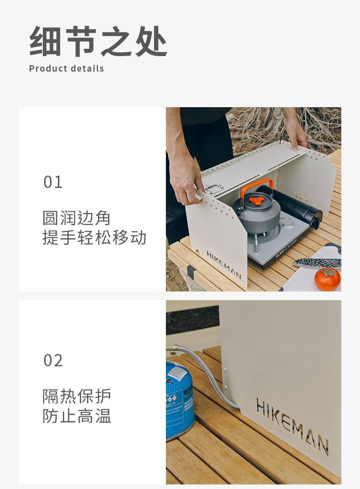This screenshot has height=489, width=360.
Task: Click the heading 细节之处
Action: tap(98, 41)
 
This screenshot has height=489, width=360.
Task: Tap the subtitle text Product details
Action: tap(67, 68)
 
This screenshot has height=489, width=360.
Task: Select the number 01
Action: tap(53, 182)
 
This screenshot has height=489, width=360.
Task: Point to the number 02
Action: tap(53, 360)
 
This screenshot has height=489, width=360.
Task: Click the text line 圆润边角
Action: tap(77, 218)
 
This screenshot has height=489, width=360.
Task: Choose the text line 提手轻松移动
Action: tap(94, 237)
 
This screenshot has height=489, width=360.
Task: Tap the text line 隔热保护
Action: tap(77, 396)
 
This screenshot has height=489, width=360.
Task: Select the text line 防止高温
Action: tap(77, 416)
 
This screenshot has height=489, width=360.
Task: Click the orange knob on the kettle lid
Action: tap(256, 201)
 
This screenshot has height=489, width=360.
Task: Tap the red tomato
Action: tap(327, 279)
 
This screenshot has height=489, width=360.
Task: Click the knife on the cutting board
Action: tap(317, 263)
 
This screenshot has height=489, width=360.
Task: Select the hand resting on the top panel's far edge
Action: tap(296, 134)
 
